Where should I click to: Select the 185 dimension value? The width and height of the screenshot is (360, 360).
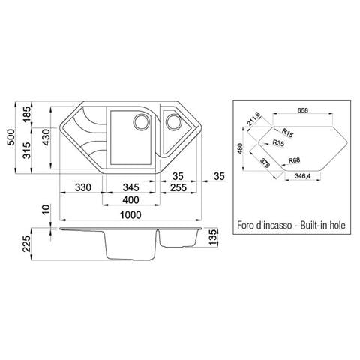tap(28, 115)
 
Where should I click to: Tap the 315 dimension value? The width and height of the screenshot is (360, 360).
tap(28, 151)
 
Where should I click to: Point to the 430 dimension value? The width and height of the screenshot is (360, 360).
tap(46, 137)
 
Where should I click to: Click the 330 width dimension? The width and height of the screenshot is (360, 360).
tap(83, 187)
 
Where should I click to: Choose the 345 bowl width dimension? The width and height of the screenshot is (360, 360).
tap(131, 187)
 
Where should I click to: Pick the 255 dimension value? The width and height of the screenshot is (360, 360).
tap(178, 187)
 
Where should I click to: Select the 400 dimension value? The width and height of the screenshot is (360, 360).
tap(131, 200)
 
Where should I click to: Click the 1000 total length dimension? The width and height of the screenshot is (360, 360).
tap(130, 215)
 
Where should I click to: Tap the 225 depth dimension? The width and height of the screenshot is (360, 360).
tap(26, 244)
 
